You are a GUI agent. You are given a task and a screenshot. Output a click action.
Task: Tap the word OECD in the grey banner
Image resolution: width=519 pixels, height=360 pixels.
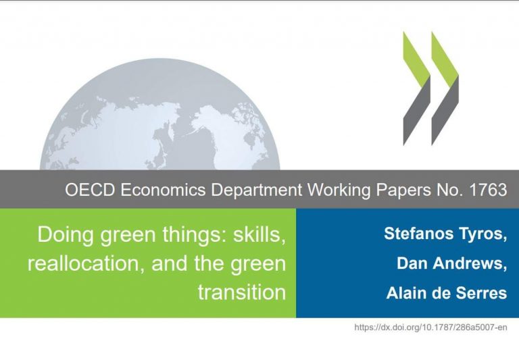click(x=90, y=190)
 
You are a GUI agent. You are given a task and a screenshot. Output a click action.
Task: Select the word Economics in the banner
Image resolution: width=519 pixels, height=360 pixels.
click(x=163, y=190)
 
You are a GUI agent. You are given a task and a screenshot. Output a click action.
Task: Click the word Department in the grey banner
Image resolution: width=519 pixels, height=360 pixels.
click(x=257, y=190)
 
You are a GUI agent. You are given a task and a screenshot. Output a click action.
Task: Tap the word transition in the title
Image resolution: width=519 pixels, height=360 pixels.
click(x=242, y=292)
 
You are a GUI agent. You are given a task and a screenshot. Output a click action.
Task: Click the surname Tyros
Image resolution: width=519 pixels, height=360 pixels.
click(x=483, y=234)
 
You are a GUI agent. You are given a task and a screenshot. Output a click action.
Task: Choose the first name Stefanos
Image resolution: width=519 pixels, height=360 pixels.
click(x=419, y=234)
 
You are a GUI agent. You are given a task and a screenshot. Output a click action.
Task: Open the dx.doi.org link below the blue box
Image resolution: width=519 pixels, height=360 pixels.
click(x=430, y=328)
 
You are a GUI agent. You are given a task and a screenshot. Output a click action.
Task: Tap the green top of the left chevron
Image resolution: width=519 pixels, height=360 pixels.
click(x=417, y=60)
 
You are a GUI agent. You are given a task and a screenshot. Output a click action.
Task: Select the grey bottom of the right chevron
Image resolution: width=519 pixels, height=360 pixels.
click(x=445, y=111)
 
